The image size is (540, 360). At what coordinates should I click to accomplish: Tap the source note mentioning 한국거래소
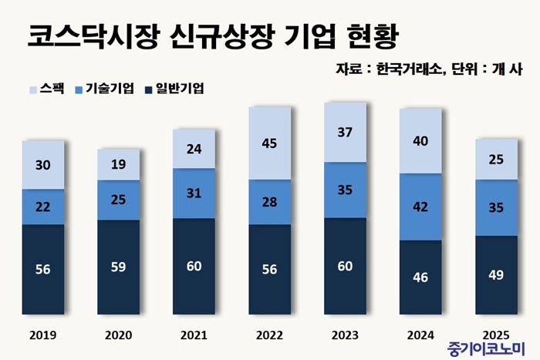tap(430, 69)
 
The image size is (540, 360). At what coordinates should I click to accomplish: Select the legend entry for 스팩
tap(46, 89)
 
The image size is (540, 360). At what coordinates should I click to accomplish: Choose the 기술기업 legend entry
tap(104, 89)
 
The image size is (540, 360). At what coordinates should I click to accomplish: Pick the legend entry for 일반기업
tap(173, 89)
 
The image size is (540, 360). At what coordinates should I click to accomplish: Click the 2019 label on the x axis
tap(43, 335)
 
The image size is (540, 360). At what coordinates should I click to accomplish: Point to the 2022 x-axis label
tap(269, 335)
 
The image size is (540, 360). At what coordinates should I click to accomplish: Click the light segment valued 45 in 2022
tap(269, 143)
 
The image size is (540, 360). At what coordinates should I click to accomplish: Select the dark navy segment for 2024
tap(420, 278)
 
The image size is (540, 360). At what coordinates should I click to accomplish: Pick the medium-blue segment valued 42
tap(420, 207)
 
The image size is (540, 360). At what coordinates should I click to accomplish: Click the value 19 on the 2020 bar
tap(119, 164)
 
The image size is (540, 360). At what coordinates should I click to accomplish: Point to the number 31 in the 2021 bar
tap(194, 192)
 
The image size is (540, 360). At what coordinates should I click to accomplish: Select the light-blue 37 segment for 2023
tap(345, 133)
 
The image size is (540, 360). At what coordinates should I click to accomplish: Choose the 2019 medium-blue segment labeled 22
tap(43, 207)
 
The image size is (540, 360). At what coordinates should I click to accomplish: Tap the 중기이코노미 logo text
tap(485, 348)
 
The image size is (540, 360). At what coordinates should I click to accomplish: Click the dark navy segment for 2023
tap(345, 267)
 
